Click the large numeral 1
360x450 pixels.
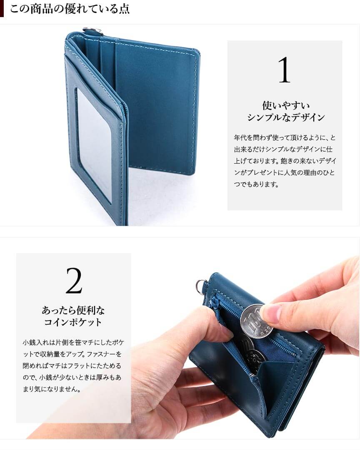tap(285, 70)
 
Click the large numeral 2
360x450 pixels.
tap(74, 281)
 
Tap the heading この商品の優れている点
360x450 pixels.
tap(70, 9)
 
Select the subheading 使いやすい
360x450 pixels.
tap(285, 105)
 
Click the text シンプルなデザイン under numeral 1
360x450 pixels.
tap(285, 117)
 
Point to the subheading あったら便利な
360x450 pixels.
tap(73, 310)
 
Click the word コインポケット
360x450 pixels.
tap(73, 322)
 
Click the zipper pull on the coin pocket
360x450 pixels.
tap(215, 303)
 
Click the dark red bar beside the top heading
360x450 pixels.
tap(2, 9)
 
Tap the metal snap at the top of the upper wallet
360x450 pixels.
tap(90, 31)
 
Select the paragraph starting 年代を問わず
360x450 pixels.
tap(285, 161)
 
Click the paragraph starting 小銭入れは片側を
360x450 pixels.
tap(73, 366)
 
